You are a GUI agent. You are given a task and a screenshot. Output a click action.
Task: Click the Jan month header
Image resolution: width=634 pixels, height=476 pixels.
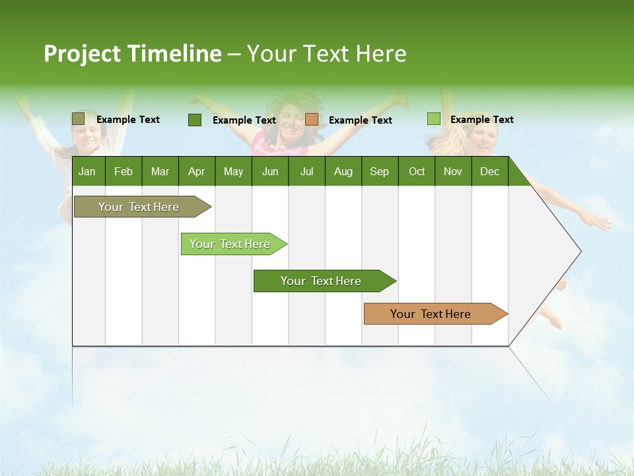[88, 171]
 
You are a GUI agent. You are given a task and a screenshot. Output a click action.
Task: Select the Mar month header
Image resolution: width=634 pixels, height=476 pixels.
[160, 171]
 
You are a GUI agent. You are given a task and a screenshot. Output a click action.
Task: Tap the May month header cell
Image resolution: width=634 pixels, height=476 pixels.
[233, 171]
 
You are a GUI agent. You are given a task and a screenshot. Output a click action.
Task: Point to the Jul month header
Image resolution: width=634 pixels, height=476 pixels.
[306, 171]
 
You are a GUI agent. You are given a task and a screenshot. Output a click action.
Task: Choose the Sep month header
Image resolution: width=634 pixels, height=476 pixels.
[379, 171]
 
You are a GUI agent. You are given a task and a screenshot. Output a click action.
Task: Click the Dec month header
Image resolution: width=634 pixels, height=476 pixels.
[489, 171]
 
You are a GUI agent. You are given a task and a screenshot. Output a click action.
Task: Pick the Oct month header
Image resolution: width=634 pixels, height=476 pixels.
[416, 171]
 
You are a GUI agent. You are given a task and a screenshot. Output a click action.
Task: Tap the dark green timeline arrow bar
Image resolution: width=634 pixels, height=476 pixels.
[322, 281]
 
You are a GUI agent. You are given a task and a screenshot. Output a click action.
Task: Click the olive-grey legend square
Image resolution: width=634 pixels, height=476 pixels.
[78, 119]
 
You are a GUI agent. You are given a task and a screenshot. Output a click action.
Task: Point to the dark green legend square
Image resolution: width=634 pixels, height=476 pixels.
[195, 120]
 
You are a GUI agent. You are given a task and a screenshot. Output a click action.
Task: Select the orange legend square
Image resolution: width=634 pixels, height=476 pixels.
[312, 120]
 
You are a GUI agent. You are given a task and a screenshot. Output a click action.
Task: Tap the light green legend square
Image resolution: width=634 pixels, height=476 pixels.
[433, 119]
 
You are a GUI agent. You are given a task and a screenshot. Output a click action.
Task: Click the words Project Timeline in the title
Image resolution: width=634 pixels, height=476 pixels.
[132, 54]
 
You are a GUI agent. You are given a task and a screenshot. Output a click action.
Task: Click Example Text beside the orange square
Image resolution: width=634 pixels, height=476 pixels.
[360, 120]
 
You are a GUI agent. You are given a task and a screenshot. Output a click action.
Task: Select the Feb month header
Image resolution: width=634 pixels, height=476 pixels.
[123, 171]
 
